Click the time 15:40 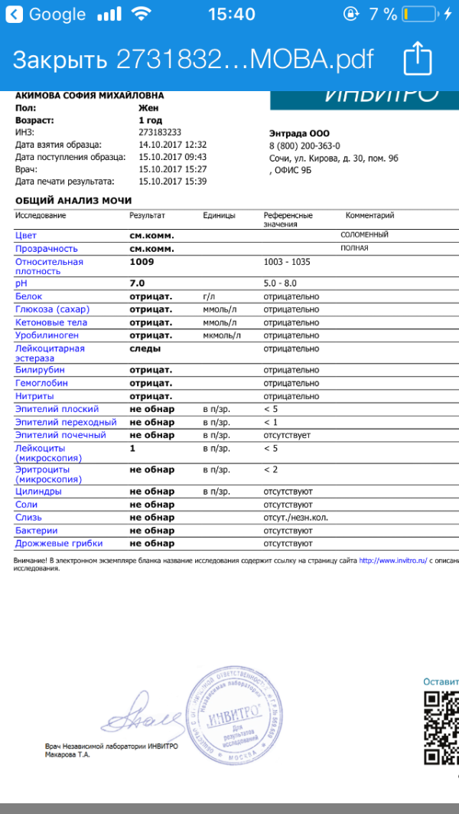[231, 14]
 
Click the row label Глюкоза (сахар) [51, 309]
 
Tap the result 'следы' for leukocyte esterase [145, 348]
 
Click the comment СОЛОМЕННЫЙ [365, 235]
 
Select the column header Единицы [219, 216]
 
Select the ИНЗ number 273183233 [160, 132]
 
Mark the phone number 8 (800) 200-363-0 [304, 145]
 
